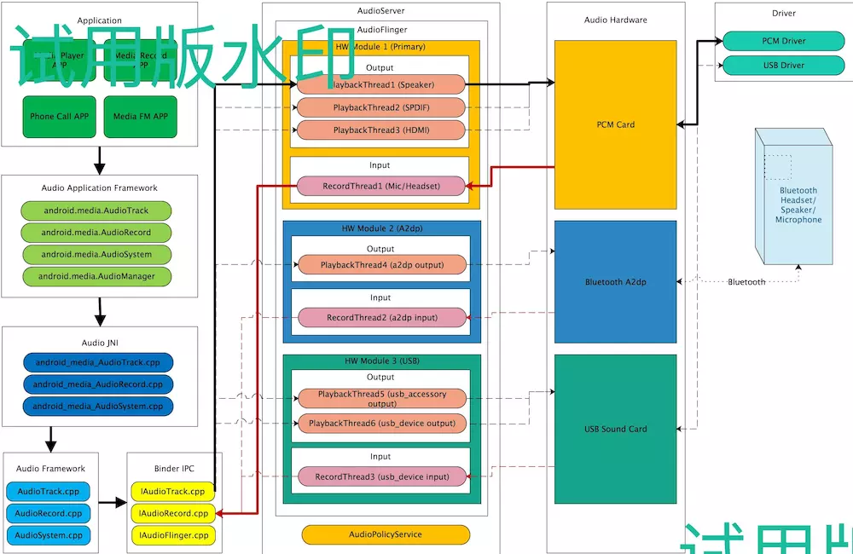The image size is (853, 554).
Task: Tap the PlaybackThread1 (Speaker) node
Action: click(380, 84)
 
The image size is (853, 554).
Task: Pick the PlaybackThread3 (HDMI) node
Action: click(380, 130)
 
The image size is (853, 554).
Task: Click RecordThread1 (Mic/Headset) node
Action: click(380, 186)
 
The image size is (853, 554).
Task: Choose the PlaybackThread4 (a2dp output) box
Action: click(381, 265)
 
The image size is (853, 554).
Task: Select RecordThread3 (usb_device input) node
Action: click(381, 477)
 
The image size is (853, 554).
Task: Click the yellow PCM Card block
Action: click(615, 124)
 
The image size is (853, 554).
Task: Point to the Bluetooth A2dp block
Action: click(615, 282)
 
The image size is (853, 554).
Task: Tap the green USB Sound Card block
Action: click(615, 429)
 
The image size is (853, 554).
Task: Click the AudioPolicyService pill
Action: click(386, 534)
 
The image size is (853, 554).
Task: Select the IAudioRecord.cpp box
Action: click(172, 513)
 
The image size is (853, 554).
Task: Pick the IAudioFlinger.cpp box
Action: click(172, 535)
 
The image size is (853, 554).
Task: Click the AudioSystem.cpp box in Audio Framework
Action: click(49, 535)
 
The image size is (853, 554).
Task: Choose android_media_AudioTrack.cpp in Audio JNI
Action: click(99, 362)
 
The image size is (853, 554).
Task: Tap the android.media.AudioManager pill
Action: click(96, 276)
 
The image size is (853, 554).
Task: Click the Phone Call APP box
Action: click(59, 117)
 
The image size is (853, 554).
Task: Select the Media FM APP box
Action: click(140, 117)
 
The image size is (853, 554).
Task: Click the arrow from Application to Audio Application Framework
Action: click(99, 159)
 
